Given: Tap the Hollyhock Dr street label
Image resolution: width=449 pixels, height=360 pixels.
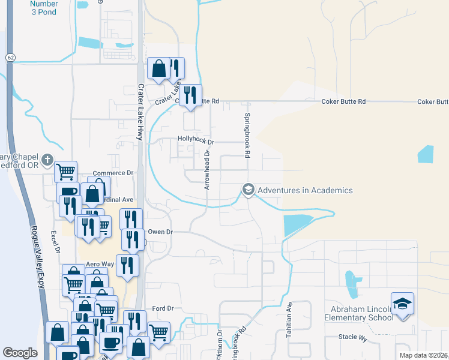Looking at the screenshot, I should pos(196,140).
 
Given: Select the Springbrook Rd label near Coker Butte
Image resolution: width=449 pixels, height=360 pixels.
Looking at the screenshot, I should pos(247,135).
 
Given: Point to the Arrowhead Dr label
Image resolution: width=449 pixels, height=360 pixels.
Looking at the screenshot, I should pos(206,170).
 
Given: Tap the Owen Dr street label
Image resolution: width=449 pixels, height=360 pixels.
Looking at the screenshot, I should pos(160,231).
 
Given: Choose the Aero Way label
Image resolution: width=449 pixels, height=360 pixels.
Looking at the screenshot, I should pos(100,264).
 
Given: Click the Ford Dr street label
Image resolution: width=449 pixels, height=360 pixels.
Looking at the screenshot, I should pos(163,308).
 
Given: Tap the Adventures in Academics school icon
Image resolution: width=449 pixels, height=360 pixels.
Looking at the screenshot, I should pos(247,190).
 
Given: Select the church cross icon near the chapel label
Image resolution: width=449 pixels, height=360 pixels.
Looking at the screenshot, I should pos(46,158).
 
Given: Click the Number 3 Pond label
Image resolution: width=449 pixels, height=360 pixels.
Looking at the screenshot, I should pos(43,8).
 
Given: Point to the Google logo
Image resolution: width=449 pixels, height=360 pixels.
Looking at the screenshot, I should pos(20,353).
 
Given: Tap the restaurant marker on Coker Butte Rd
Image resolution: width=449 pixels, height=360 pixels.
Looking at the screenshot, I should pos(190,95).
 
